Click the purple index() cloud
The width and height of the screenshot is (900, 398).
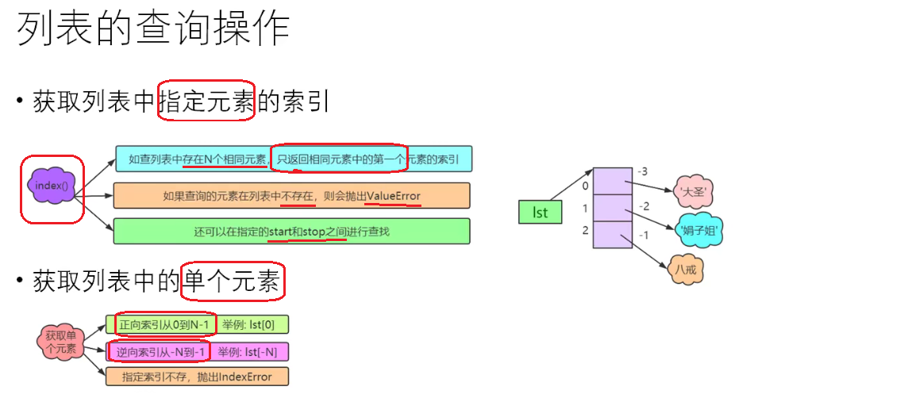(52, 186)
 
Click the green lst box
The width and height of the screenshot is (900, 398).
(540, 212)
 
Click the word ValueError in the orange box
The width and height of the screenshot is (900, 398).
(394, 196)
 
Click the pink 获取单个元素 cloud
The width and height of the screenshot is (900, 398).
(61, 340)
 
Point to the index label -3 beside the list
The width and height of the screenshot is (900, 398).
(644, 172)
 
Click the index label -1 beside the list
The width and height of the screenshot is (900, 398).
(644, 235)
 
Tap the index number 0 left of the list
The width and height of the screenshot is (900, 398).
(585, 186)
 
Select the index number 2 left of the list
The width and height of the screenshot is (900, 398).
(585, 231)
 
